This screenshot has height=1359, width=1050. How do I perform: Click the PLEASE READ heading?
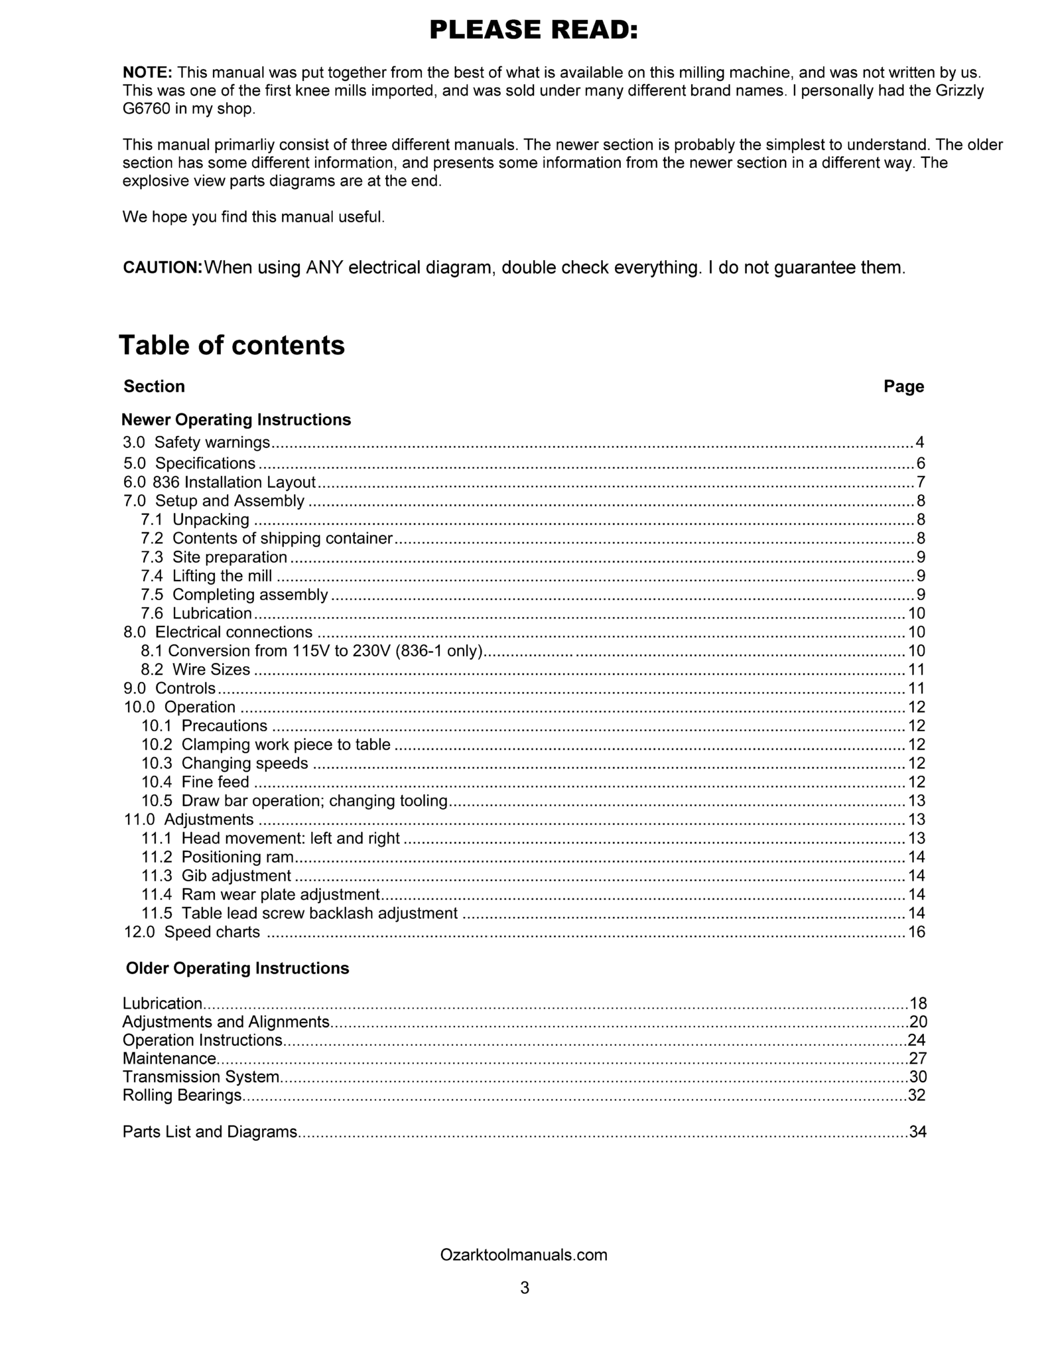pyautogui.click(x=533, y=30)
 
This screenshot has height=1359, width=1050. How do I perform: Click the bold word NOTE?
pyautogui.click(x=147, y=72)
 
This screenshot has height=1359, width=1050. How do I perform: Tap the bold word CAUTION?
pyautogui.click(x=163, y=267)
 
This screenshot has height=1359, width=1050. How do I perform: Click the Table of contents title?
pyautogui.click(x=231, y=345)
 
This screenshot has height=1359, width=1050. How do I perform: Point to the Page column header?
pyautogui.click(x=903, y=386)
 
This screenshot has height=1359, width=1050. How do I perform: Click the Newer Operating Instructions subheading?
pyautogui.click(x=236, y=420)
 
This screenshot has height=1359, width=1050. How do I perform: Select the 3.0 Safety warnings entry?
pyautogui.click(x=196, y=443)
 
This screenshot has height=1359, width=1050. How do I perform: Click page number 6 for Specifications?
pyautogui.click(x=920, y=463)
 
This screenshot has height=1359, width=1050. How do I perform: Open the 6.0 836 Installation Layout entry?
pyautogui.click(x=220, y=482)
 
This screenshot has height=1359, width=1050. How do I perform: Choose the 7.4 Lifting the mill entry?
pyautogui.click(x=206, y=576)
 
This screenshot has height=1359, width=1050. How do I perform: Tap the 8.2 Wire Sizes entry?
pyautogui.click(x=196, y=670)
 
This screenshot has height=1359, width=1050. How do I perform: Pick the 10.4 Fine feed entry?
pyautogui.click(x=195, y=782)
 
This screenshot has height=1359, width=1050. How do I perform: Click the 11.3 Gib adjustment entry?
pyautogui.click(x=216, y=876)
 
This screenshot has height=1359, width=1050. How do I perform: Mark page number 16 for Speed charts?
pyautogui.click(x=916, y=932)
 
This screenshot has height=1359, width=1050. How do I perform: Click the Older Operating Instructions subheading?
pyautogui.click(x=237, y=968)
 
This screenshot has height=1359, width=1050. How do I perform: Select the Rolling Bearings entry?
pyautogui.click(x=182, y=1095)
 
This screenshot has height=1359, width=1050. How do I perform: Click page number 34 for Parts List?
pyautogui.click(x=917, y=1132)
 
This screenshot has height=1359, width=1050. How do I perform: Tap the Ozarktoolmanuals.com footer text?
pyautogui.click(x=523, y=1255)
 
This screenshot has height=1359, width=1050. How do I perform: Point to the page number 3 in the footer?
pyautogui.click(x=525, y=1288)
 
